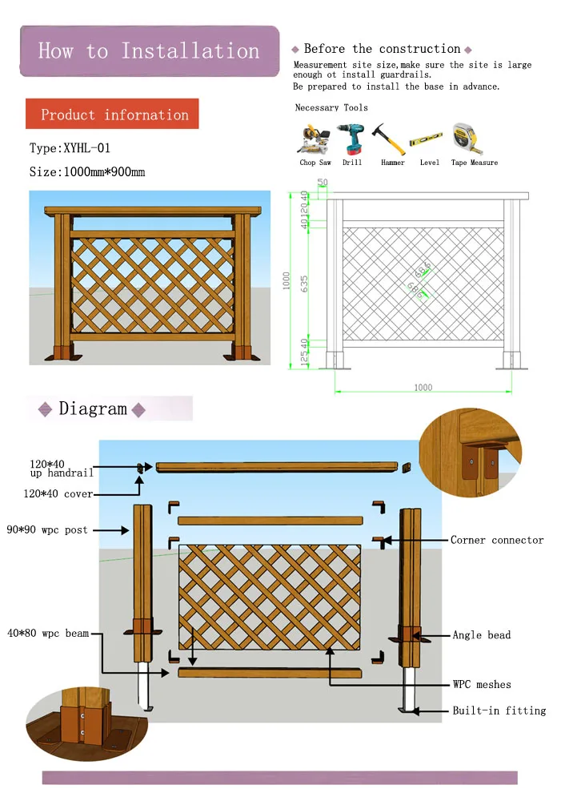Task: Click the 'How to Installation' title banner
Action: [149, 51]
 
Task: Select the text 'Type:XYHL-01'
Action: [70, 148]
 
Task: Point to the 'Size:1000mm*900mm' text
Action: [87, 172]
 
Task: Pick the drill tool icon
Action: [351, 139]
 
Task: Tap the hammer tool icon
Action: [392, 139]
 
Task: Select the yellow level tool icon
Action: [429, 143]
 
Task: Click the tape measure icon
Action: [468, 139]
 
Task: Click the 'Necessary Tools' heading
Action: [331, 107]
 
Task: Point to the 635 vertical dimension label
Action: [304, 284]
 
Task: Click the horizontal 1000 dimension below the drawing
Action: [423, 388]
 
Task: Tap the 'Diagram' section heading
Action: [93, 409]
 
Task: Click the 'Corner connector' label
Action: [496, 541]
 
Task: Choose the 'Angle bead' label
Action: [482, 635]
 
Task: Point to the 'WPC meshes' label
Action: [482, 685]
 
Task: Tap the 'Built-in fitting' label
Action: [499, 710]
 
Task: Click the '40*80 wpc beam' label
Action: [55, 634]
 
